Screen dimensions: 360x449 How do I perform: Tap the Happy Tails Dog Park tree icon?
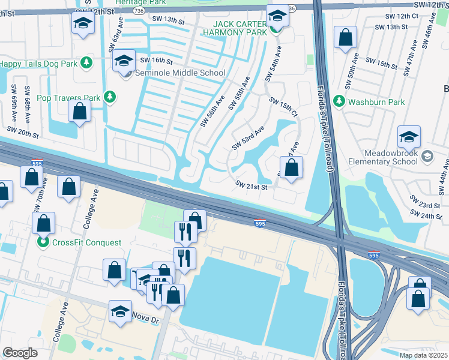tap(86, 62)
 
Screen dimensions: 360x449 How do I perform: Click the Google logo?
tap(20, 353)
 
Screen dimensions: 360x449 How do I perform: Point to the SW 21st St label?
tap(250, 187)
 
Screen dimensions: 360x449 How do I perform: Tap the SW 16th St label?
tap(156, 61)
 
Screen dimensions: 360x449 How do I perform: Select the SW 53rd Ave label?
tap(248, 139)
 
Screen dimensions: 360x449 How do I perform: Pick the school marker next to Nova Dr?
tap(120, 311)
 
